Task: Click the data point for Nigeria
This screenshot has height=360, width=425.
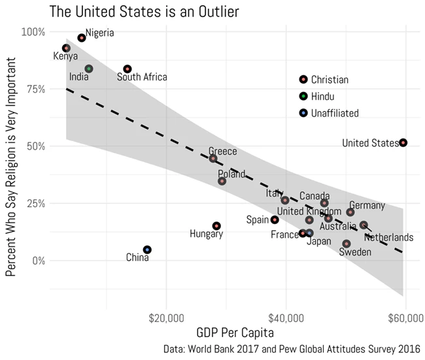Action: [82, 38]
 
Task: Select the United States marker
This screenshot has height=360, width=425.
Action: [403, 142]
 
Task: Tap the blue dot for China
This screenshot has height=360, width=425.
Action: [148, 250]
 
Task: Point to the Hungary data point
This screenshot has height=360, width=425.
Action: [216, 226]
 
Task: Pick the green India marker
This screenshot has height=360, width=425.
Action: [89, 69]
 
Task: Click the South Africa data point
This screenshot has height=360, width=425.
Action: [127, 69]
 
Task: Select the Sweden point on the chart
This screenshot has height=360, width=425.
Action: [347, 244]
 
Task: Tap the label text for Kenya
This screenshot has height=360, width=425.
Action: [65, 57]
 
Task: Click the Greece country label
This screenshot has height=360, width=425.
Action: [223, 152]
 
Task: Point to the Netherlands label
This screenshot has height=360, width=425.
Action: [388, 237]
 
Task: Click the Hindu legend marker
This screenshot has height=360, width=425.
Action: [303, 96]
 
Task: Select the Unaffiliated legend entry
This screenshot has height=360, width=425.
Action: [334, 113]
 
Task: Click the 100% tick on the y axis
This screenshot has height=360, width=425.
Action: [33, 32]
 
